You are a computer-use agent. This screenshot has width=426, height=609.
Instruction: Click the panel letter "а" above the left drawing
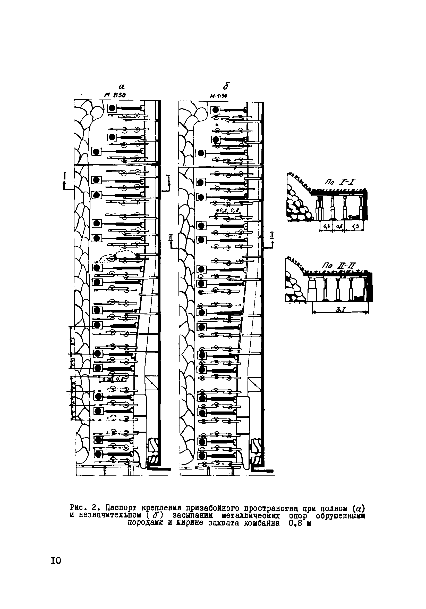tap(122, 86)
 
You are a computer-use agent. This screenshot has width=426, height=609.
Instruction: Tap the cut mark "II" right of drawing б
tap(271, 236)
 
